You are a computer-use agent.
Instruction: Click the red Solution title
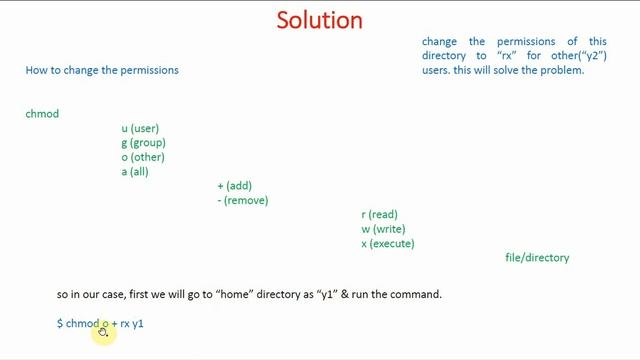pos(319,20)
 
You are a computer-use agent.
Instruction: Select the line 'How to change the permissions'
pos(102,70)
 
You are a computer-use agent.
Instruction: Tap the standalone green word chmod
pos(42,114)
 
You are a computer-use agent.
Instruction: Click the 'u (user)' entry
pos(140,129)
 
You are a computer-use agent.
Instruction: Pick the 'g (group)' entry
pos(143,143)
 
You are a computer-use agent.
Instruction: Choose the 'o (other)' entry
pos(143,157)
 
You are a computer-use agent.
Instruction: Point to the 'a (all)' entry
pos(135,172)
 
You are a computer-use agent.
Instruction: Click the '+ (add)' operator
pos(235,186)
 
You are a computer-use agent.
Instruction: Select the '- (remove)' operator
pos(243,200)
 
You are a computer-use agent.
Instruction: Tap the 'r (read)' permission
pos(379,215)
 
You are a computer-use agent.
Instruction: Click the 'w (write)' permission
pos(383,229)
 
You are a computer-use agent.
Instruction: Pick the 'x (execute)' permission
pos(388,243)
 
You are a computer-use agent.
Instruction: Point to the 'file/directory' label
pos(537,258)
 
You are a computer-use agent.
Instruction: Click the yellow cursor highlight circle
pos(103,331)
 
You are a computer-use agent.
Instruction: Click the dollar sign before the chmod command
pos(60,324)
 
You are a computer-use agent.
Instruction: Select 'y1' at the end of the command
pos(138,324)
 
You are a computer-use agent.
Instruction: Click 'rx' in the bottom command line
pos(125,324)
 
